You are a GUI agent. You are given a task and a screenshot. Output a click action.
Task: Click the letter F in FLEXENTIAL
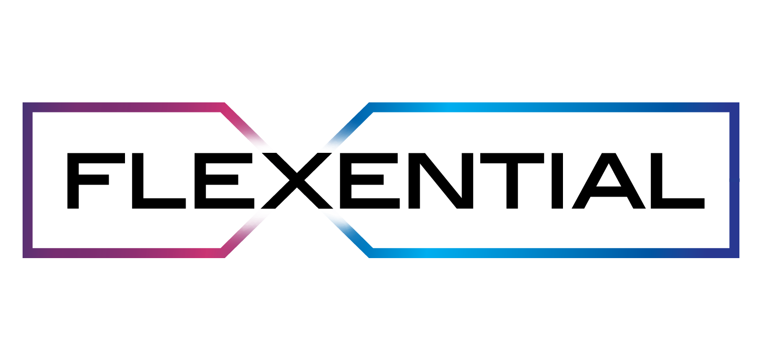tap(73, 181)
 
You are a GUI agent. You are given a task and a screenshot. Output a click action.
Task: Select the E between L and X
tap(200, 181)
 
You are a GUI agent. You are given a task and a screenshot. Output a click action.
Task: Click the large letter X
tap(297, 181)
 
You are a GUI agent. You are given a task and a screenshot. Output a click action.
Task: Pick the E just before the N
tap(346, 181)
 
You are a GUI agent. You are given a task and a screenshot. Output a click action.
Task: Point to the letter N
tap(441, 181)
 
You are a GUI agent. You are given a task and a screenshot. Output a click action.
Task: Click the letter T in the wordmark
tap(512, 181)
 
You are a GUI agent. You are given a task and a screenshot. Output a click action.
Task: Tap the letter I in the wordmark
tap(557, 181)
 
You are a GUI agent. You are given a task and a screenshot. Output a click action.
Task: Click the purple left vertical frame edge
tap(27, 180)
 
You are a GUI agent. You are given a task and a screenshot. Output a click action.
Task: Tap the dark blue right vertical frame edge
tap(735, 180)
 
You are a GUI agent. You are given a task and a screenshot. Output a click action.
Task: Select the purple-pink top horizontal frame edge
tap(124, 107)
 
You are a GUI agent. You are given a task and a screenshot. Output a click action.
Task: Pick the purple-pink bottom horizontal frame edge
tap(124, 253)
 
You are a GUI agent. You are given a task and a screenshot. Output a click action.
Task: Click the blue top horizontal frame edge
tap(554, 107)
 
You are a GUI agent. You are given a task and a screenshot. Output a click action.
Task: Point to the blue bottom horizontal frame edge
tap(554, 253)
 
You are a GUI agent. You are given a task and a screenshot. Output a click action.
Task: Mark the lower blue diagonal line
tap(349, 234)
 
